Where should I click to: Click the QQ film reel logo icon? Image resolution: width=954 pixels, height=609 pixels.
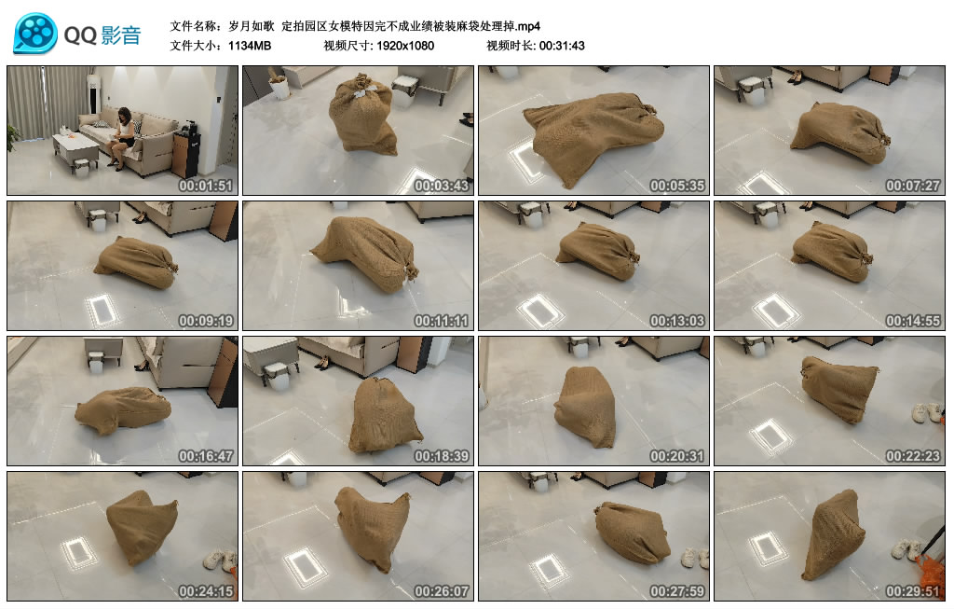(x=34, y=34)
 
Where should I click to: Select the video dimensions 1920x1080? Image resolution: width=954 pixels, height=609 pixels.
(x=405, y=45)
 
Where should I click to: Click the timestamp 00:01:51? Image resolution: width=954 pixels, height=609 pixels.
(x=205, y=185)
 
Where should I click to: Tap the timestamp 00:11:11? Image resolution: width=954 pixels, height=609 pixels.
(x=441, y=321)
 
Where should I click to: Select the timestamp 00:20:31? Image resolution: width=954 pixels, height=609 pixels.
(x=676, y=456)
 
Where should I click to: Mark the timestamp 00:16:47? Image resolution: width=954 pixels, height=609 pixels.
(x=205, y=456)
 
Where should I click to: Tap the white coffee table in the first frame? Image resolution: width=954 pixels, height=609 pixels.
(x=75, y=145)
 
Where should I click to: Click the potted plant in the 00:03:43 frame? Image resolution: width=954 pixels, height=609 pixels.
(x=278, y=85)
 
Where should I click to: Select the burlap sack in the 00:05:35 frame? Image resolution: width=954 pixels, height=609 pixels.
(x=592, y=135)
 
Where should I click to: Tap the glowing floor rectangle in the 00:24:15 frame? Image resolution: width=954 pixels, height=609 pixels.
(x=78, y=552)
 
